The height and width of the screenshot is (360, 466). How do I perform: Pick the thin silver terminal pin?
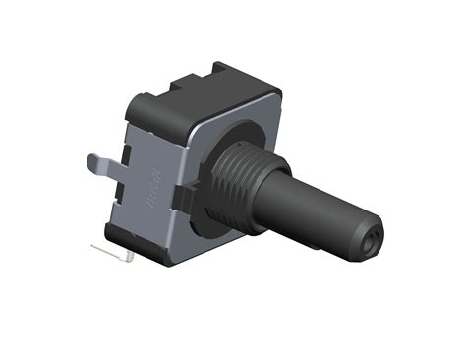click(110, 253)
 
